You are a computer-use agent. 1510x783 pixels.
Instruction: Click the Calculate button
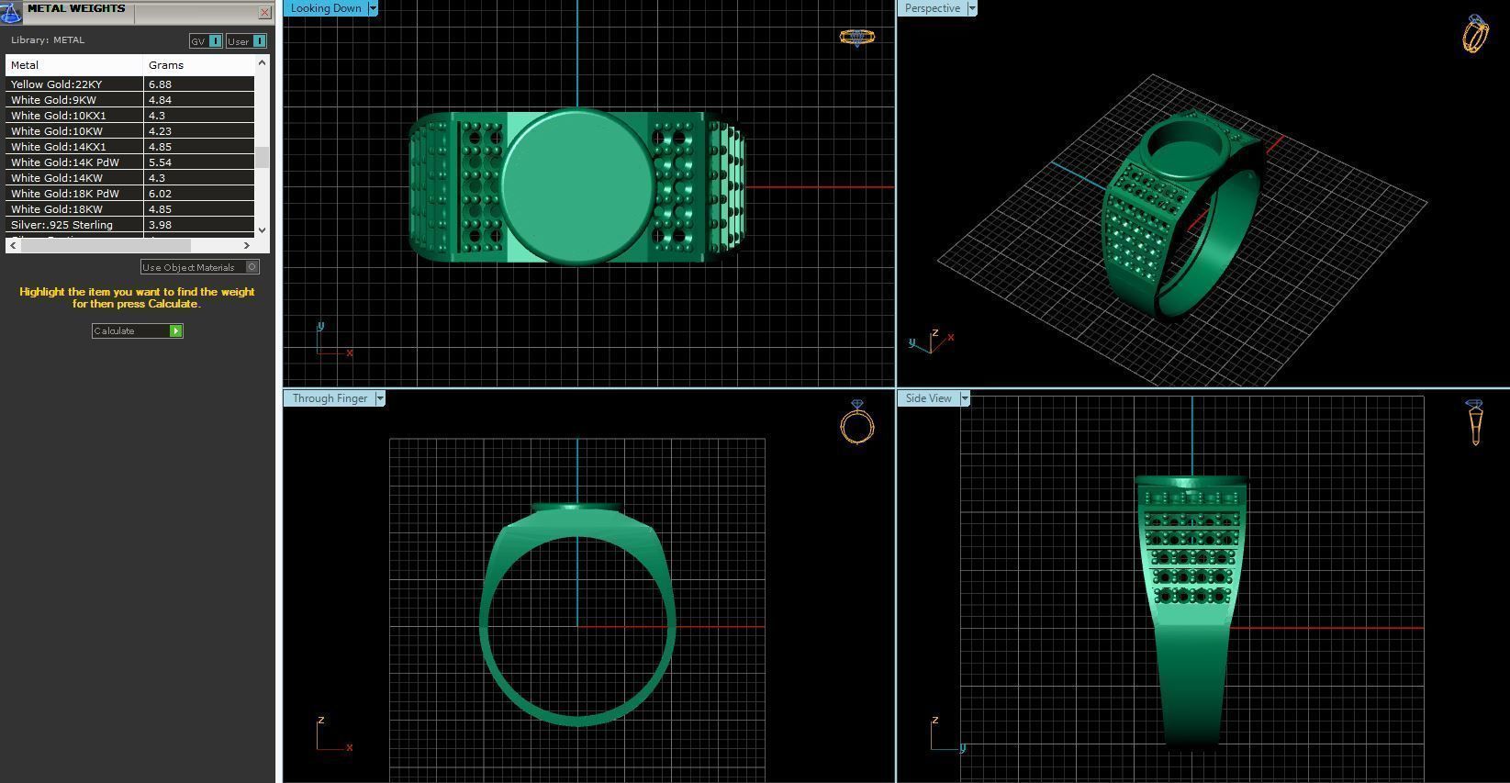137,330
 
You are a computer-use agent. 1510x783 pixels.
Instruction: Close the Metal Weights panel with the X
264,12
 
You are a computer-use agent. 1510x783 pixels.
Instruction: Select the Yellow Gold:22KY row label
57,84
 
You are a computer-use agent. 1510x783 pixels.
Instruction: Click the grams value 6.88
160,84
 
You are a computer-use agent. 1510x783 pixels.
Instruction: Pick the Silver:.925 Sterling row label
62,225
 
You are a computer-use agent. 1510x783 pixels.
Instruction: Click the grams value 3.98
160,225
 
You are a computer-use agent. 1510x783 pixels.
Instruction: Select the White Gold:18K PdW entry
65,194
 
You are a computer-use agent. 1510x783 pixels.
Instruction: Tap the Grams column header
166,65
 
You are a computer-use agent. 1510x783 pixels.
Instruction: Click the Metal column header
25,65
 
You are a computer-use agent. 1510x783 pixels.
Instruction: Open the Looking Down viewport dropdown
373,8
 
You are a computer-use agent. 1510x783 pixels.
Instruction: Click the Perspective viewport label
932,8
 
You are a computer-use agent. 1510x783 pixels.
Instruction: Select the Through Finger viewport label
330,398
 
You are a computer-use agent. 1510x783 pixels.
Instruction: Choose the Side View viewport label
928,398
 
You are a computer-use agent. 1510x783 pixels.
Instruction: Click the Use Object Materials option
199,267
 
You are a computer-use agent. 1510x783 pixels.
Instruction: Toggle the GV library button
206,41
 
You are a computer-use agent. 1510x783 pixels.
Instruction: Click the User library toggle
246,41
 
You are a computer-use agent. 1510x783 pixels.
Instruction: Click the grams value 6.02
160,194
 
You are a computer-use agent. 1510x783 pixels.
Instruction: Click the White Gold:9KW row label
53,100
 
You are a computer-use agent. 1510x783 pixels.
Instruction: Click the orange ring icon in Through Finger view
856,424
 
